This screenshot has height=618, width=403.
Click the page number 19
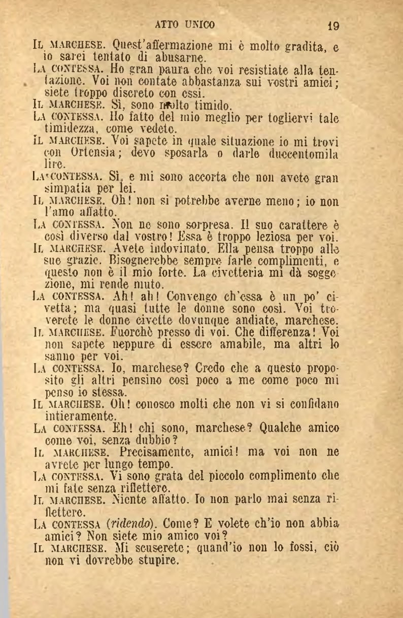(x=333, y=25)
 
